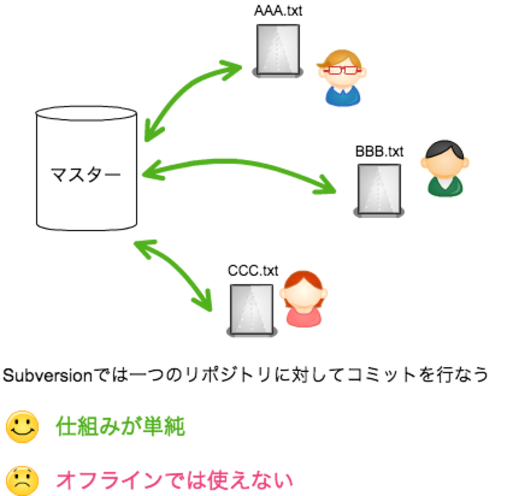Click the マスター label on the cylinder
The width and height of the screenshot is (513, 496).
(x=86, y=174)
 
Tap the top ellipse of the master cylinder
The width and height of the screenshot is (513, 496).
(x=86, y=113)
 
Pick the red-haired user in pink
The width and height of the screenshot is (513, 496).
(x=303, y=299)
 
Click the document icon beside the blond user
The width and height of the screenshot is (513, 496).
(x=278, y=49)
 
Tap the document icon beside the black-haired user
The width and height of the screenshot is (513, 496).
(x=379, y=188)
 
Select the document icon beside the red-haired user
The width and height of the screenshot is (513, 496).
(x=251, y=308)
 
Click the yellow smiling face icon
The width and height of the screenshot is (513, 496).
(x=22, y=427)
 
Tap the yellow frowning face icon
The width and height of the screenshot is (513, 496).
(x=22, y=481)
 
